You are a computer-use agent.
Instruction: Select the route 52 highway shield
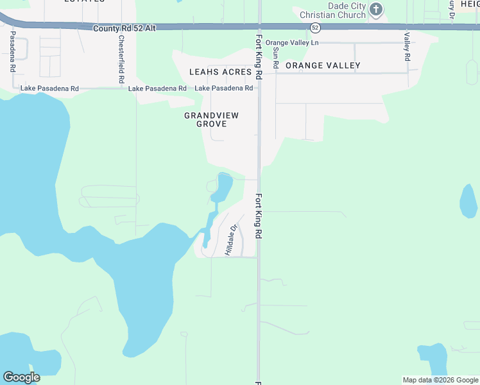click(x=314, y=28)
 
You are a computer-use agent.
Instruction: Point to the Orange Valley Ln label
click(x=292, y=42)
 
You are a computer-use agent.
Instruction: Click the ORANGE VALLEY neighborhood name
click(x=323, y=65)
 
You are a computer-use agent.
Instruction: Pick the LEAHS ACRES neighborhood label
click(x=220, y=72)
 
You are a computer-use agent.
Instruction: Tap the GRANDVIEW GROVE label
click(x=211, y=119)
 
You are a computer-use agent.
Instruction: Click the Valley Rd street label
click(x=406, y=47)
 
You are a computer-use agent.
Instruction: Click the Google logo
click(x=21, y=377)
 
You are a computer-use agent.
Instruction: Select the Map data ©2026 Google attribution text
click(x=440, y=380)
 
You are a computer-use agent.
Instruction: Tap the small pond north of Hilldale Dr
click(x=224, y=186)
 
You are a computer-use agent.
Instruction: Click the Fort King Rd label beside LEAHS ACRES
click(x=259, y=56)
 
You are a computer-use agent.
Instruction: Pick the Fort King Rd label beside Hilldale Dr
click(x=259, y=216)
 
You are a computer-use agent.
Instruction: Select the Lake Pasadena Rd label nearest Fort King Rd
click(x=223, y=88)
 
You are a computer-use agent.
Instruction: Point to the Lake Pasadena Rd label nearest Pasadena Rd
click(x=49, y=88)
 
